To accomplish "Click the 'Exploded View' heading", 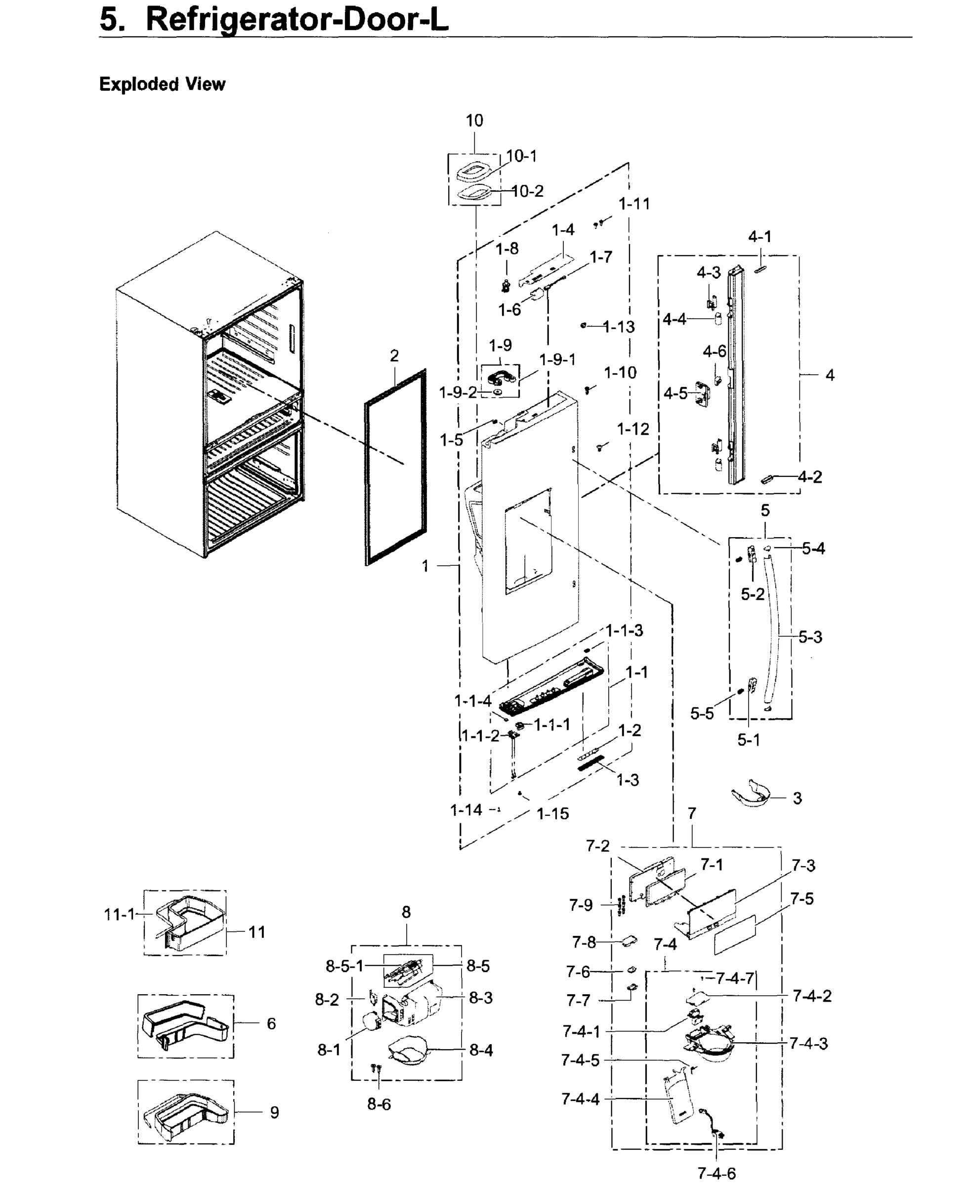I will [x=162, y=84].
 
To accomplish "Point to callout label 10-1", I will [x=522, y=156].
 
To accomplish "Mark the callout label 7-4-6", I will [x=716, y=1174].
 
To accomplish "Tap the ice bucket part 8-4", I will [x=410, y=1050].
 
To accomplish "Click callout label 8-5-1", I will [x=344, y=966].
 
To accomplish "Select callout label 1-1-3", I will [x=625, y=631].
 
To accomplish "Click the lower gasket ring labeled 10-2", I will [x=474, y=192].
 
